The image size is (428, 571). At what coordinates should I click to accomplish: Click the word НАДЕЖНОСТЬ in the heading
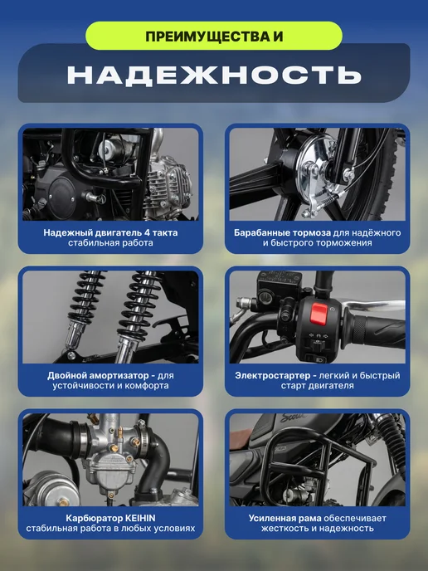pyautogui.click(x=214, y=75)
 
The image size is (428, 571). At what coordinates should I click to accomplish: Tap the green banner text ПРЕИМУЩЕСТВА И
pyautogui.click(x=214, y=37)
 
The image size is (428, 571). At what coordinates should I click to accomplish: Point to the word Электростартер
pyautogui.click(x=273, y=375)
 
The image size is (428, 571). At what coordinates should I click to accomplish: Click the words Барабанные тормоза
pyautogui.click(x=282, y=233)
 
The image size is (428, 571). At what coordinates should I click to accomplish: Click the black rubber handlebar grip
pyautogui.click(x=375, y=330)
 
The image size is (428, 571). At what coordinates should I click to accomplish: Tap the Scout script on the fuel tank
pyautogui.click(x=294, y=417)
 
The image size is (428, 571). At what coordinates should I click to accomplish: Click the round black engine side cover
pyautogui.click(x=62, y=194)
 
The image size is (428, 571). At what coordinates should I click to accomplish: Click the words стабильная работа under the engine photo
pyautogui.click(x=110, y=243)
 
